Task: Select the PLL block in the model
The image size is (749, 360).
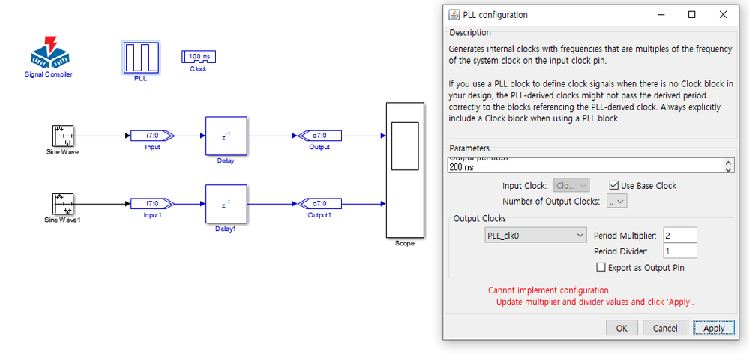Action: coord(140,57)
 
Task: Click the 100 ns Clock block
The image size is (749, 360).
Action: coord(197,57)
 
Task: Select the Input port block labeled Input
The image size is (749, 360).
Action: coord(152,136)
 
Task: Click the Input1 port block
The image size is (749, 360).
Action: coord(152,204)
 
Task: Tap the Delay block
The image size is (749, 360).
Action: coord(226,136)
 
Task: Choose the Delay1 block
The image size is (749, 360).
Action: coord(226,204)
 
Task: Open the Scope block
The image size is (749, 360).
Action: coord(404,169)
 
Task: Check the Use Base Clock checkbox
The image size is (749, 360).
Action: coord(614,185)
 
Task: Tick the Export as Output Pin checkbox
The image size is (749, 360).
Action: coord(601,267)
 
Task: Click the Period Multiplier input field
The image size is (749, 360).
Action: coord(680,235)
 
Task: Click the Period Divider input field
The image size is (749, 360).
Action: coord(680,251)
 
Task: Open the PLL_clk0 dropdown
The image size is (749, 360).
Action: coord(535,235)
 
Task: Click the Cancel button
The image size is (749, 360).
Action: coord(665,328)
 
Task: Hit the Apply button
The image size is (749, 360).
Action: coord(714,328)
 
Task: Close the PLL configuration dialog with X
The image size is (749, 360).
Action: coord(723,14)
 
